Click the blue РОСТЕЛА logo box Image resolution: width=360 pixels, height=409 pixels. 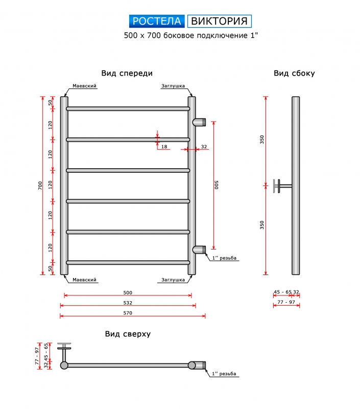(157, 21)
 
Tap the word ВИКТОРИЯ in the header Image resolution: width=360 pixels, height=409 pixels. (220, 21)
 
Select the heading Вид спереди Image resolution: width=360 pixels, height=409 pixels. (127, 73)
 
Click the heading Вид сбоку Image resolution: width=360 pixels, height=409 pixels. (294, 73)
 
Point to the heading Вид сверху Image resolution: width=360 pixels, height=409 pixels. (128, 334)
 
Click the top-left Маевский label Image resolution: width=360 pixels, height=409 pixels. (84, 86)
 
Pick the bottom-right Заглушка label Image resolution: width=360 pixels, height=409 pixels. (173, 280)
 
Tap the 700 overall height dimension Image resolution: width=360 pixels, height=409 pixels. (40, 186)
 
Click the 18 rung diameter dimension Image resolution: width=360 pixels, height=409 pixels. (164, 147)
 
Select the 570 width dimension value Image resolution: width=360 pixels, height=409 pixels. (128, 313)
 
